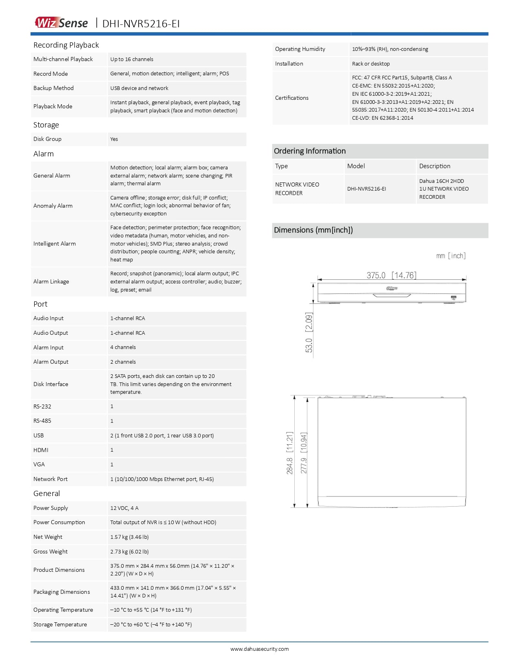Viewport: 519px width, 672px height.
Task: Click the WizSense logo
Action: coord(61,23)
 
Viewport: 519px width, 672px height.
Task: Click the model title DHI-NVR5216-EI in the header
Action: coord(141,24)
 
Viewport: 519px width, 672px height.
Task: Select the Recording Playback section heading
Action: coord(66,45)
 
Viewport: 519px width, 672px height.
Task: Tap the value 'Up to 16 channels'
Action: coord(131,59)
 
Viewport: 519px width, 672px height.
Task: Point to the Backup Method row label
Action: coord(53,88)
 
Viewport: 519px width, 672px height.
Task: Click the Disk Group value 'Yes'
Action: coord(114,139)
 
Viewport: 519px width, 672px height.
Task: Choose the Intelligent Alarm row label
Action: coord(55,244)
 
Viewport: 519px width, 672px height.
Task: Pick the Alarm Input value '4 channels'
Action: coord(123,347)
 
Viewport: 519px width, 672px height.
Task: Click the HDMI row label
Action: coord(41,450)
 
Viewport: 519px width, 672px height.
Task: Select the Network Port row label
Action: coord(50,479)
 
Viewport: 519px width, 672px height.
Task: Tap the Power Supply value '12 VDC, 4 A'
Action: coord(124,508)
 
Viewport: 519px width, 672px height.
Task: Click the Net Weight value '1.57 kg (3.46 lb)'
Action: coord(129,537)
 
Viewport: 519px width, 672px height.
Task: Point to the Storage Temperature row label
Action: coord(60,624)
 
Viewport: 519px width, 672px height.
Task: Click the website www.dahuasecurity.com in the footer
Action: coord(259,649)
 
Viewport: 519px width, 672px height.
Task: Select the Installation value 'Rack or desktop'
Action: coord(371,64)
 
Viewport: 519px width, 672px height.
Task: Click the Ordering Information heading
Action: coord(310,151)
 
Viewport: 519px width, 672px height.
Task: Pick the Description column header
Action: coord(435,166)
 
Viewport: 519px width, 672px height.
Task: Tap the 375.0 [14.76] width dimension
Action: coord(391,275)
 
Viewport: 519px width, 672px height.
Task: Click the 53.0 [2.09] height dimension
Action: coord(309,332)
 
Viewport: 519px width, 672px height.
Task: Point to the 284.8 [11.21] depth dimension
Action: coord(289,453)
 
